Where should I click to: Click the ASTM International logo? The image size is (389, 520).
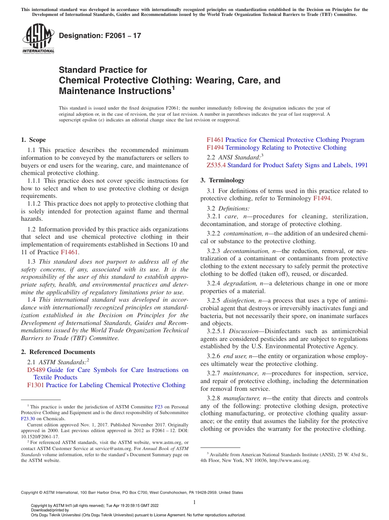pos(38,39)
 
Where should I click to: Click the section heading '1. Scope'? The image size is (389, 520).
pos(34,140)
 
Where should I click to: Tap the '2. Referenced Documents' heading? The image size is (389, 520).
pos(58,352)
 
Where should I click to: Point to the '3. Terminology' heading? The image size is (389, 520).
pos(222,180)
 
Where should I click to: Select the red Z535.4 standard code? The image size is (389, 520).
pos(216,165)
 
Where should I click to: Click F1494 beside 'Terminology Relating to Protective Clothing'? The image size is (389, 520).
pos(215,148)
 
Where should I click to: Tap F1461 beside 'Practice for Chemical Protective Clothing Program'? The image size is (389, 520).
pos(215,140)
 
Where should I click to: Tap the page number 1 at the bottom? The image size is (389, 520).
pos(194,502)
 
